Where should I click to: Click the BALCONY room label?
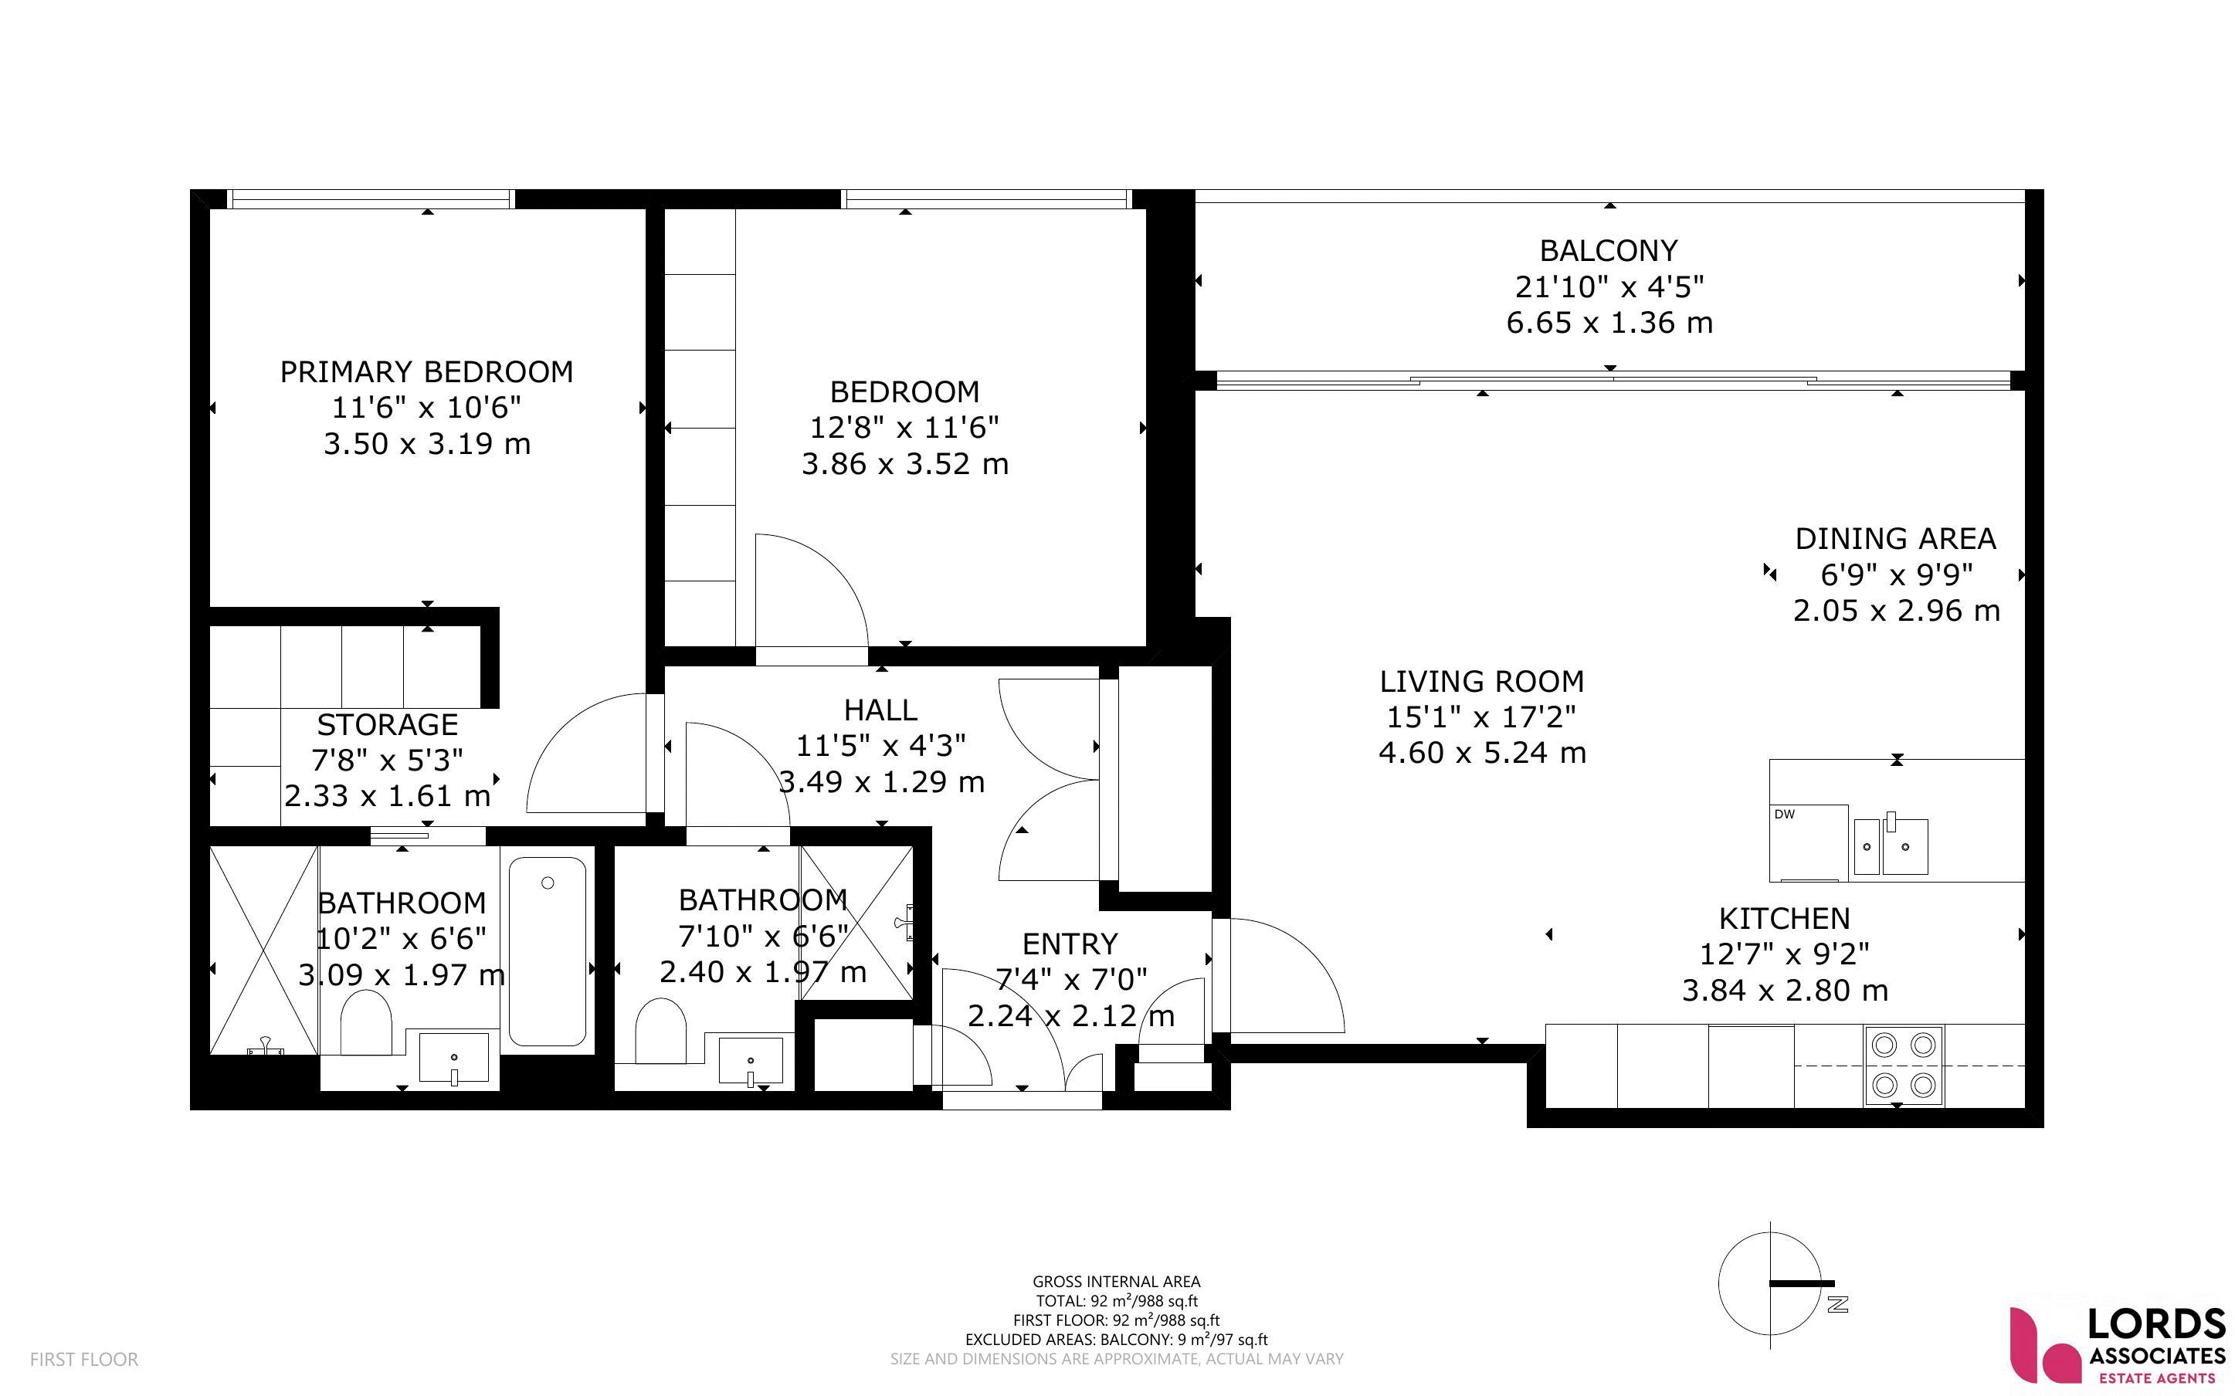click(1608, 250)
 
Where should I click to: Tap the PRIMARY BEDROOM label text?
click(426, 371)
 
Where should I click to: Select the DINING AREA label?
click(1895, 538)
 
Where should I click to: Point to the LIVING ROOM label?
click(1482, 681)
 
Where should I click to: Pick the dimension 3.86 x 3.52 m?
click(904, 463)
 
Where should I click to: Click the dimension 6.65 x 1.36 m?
click(1609, 322)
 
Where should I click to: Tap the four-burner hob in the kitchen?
click(1904, 1066)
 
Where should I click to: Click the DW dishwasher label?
click(1785, 815)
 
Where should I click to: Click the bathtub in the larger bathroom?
click(548, 952)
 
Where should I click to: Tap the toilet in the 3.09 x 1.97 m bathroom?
click(367, 1023)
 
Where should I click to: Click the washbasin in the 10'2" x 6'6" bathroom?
click(454, 1058)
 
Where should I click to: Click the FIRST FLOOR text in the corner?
click(84, 1359)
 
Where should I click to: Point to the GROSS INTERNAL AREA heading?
click(1116, 1282)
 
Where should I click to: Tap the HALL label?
click(880, 710)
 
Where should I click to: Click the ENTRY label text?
click(1070, 944)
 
